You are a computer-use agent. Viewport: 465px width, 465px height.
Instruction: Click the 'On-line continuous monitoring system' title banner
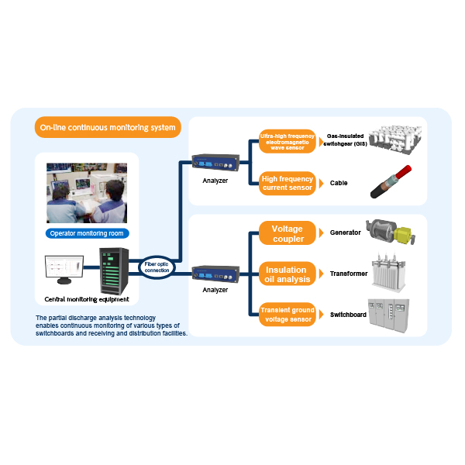(x=108, y=127)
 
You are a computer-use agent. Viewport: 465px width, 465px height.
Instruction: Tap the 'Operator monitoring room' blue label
(x=87, y=233)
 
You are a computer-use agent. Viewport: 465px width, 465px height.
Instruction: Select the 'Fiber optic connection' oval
(x=157, y=267)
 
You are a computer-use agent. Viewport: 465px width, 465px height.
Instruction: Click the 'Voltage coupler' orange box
(x=287, y=233)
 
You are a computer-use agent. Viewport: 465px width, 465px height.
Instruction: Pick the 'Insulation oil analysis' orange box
(x=287, y=274)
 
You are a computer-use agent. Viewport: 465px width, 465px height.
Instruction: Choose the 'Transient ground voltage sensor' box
(x=287, y=315)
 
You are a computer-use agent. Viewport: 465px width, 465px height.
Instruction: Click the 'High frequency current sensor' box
(x=287, y=183)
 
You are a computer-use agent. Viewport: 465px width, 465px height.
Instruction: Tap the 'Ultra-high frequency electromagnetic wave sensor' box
(x=287, y=142)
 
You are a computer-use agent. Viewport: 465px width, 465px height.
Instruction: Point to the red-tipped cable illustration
(x=391, y=182)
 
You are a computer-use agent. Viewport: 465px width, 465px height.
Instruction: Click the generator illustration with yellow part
(x=391, y=232)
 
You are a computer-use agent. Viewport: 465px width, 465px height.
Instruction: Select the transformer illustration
(x=388, y=272)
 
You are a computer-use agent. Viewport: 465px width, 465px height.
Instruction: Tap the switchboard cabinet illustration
(x=388, y=315)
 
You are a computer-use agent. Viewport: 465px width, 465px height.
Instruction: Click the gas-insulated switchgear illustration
(x=395, y=139)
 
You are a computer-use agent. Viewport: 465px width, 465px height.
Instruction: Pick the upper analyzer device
(x=215, y=163)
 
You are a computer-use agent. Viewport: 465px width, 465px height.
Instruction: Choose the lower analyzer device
(x=215, y=274)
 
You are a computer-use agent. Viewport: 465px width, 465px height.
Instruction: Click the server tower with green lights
(x=114, y=271)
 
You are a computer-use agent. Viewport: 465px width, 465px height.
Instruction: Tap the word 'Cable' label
(x=339, y=183)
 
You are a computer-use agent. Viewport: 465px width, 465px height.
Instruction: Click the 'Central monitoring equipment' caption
(x=87, y=299)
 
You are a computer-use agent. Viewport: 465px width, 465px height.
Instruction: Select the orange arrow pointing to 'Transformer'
(x=321, y=274)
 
